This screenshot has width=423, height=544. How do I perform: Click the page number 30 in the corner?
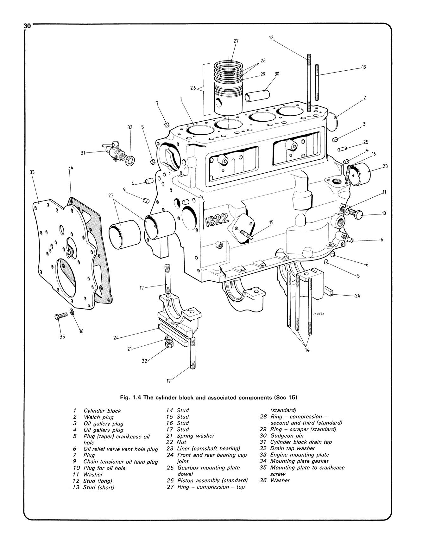pos(27,26)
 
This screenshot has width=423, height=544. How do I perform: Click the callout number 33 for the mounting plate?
pos(32,172)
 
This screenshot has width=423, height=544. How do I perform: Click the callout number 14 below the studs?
pos(307,350)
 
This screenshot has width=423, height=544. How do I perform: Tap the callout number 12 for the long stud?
pos(271,37)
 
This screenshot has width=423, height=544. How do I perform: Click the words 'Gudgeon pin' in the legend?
pos(287,436)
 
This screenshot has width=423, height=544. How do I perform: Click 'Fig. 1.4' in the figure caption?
pos(131,397)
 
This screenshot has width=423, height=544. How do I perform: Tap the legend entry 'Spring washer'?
pos(195,436)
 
